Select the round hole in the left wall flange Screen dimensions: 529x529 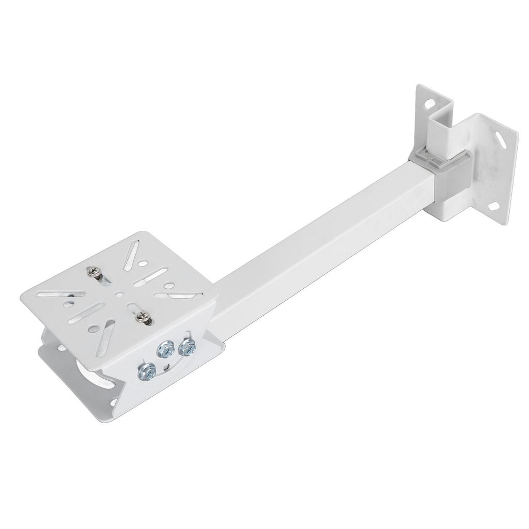[429, 104]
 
